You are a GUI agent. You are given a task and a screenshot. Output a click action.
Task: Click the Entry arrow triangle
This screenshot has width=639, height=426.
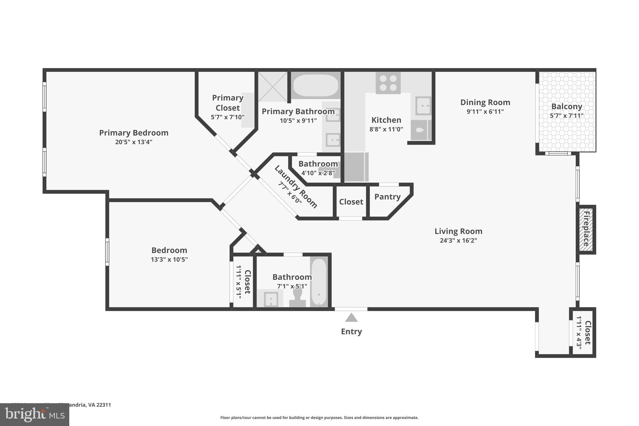point(351,318)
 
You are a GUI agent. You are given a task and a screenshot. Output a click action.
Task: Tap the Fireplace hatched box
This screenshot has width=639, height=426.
point(586,229)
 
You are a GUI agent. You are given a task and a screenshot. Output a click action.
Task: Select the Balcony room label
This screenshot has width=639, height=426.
point(567,106)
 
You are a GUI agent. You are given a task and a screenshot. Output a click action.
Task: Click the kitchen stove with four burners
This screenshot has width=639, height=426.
point(388,83)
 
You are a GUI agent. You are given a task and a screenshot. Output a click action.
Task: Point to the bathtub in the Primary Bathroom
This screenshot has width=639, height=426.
point(315,85)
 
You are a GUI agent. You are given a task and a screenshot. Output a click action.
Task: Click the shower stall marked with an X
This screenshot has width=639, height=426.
point(273,87)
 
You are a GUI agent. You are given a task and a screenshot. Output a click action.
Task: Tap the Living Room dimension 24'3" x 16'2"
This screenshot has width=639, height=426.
point(458,240)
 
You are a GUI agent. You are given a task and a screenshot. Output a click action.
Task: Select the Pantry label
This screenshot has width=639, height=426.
point(387,197)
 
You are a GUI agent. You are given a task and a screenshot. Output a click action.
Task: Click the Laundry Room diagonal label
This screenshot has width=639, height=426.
point(296,187)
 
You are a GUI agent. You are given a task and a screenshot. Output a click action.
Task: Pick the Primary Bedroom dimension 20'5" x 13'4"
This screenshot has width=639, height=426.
point(134,142)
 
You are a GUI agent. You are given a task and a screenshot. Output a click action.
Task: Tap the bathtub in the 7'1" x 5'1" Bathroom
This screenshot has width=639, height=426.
point(319,282)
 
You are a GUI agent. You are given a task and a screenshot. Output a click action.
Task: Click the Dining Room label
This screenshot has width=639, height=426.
point(485,102)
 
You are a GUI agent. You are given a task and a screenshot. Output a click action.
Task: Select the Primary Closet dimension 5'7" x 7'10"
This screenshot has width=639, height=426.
point(227,117)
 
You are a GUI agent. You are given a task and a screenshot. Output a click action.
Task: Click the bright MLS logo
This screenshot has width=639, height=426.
point(35,414)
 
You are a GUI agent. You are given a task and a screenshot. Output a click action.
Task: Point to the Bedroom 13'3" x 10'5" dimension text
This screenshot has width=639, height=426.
point(169,259)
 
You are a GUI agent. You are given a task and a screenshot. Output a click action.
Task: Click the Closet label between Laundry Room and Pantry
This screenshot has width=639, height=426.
point(351,202)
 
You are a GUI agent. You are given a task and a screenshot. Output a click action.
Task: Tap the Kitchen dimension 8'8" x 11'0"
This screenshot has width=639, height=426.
point(386,129)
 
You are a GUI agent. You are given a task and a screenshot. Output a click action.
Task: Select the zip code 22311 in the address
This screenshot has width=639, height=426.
point(104,405)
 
